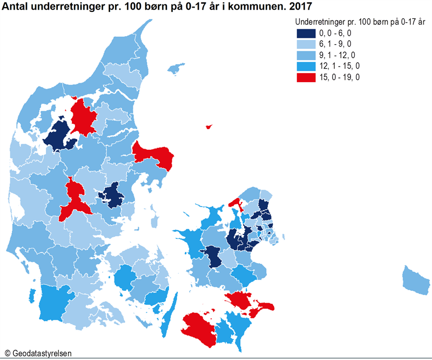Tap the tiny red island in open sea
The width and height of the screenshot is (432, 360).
click(x=208, y=127)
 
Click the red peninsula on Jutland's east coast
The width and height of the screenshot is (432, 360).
click(x=154, y=154)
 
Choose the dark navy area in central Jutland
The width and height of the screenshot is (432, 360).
click(x=114, y=195)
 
